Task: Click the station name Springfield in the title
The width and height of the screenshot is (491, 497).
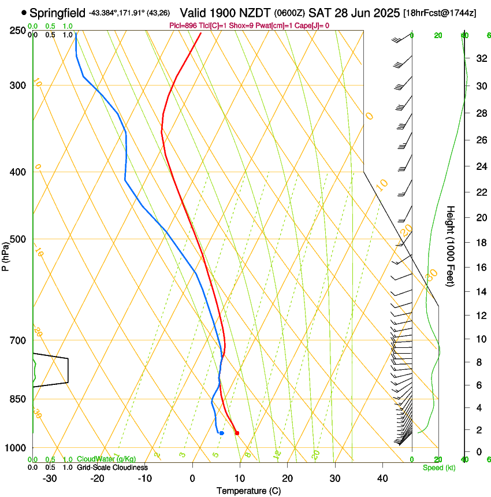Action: pos(57,12)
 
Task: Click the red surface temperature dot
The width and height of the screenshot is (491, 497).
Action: pos(237,432)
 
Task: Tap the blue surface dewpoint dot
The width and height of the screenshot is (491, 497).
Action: pos(221,433)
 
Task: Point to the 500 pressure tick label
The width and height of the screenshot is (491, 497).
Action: pos(17,239)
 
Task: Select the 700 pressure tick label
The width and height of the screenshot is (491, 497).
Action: pos(17,340)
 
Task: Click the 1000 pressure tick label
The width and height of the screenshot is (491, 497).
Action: pos(16,448)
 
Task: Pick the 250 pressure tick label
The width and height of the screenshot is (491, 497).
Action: pos(17,30)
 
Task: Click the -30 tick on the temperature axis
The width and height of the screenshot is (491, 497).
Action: pos(50,479)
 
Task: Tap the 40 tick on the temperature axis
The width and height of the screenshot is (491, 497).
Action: pos(382,479)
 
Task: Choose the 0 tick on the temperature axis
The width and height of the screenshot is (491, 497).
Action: pos(192,479)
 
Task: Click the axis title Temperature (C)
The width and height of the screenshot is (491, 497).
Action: pos(248,491)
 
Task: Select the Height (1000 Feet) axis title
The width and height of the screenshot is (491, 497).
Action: pos(451,246)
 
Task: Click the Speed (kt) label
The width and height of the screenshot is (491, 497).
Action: pos(438,468)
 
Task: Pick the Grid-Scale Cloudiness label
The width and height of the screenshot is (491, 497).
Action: pos(111,468)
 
